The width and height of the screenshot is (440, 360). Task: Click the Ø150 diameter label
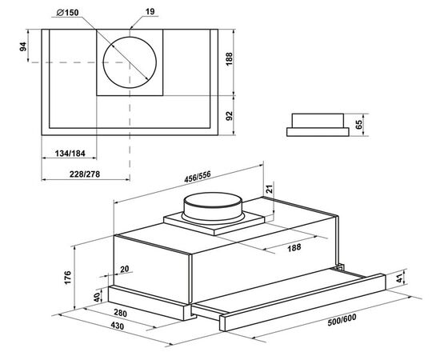(67, 13)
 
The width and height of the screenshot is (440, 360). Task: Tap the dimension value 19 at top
(150, 12)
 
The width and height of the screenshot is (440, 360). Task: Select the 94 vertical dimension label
(22, 46)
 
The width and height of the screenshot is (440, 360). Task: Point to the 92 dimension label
(230, 116)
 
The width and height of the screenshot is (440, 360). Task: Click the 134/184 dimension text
(70, 154)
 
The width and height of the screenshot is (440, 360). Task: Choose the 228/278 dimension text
(85, 174)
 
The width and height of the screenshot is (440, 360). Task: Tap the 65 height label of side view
(358, 125)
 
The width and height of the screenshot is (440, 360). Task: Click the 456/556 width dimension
(198, 177)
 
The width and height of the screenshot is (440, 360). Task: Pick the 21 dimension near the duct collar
(269, 189)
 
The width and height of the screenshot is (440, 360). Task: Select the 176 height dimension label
(68, 278)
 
